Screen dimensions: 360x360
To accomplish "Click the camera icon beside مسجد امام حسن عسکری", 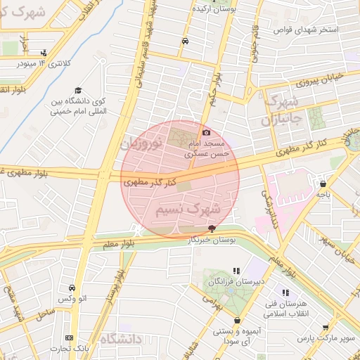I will (206, 132).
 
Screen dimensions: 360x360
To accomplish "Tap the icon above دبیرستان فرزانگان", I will (236, 270).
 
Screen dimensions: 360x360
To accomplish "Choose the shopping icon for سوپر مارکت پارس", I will (325, 327).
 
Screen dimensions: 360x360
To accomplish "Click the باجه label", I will (323, 193).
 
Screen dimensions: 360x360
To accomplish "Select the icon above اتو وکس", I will (72, 288).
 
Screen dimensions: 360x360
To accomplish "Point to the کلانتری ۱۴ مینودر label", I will (43, 64).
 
